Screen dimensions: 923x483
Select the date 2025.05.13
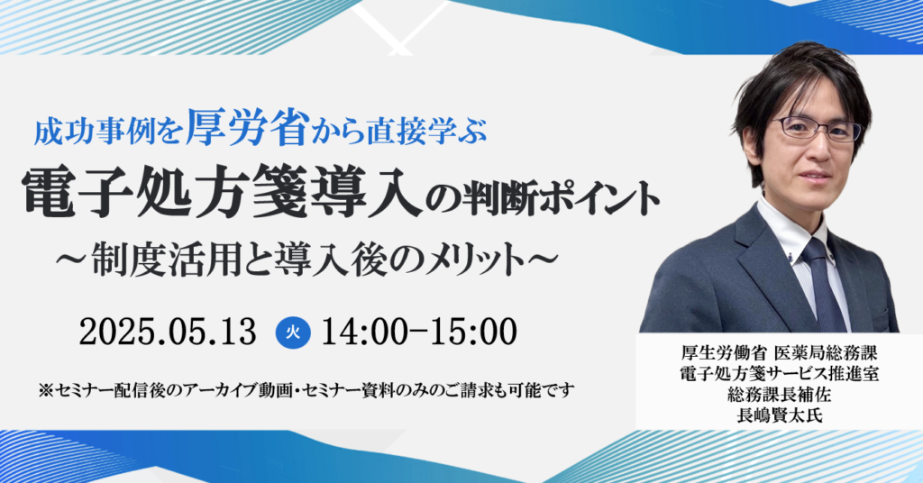[x=169, y=332]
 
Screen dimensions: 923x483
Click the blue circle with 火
[x=293, y=333]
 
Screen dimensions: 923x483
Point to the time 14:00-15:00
[x=419, y=332]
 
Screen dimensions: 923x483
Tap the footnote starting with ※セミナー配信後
[x=306, y=390]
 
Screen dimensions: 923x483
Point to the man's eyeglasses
[x=816, y=128]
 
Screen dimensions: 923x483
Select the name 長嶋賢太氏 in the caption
[x=780, y=415]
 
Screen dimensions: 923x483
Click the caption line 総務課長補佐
[x=780, y=395]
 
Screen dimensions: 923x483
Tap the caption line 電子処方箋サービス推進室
[x=780, y=374]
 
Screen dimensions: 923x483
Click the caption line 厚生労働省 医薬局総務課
[x=780, y=353]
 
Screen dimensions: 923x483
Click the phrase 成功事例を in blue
[x=108, y=132]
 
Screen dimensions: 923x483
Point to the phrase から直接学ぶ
[x=399, y=132]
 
